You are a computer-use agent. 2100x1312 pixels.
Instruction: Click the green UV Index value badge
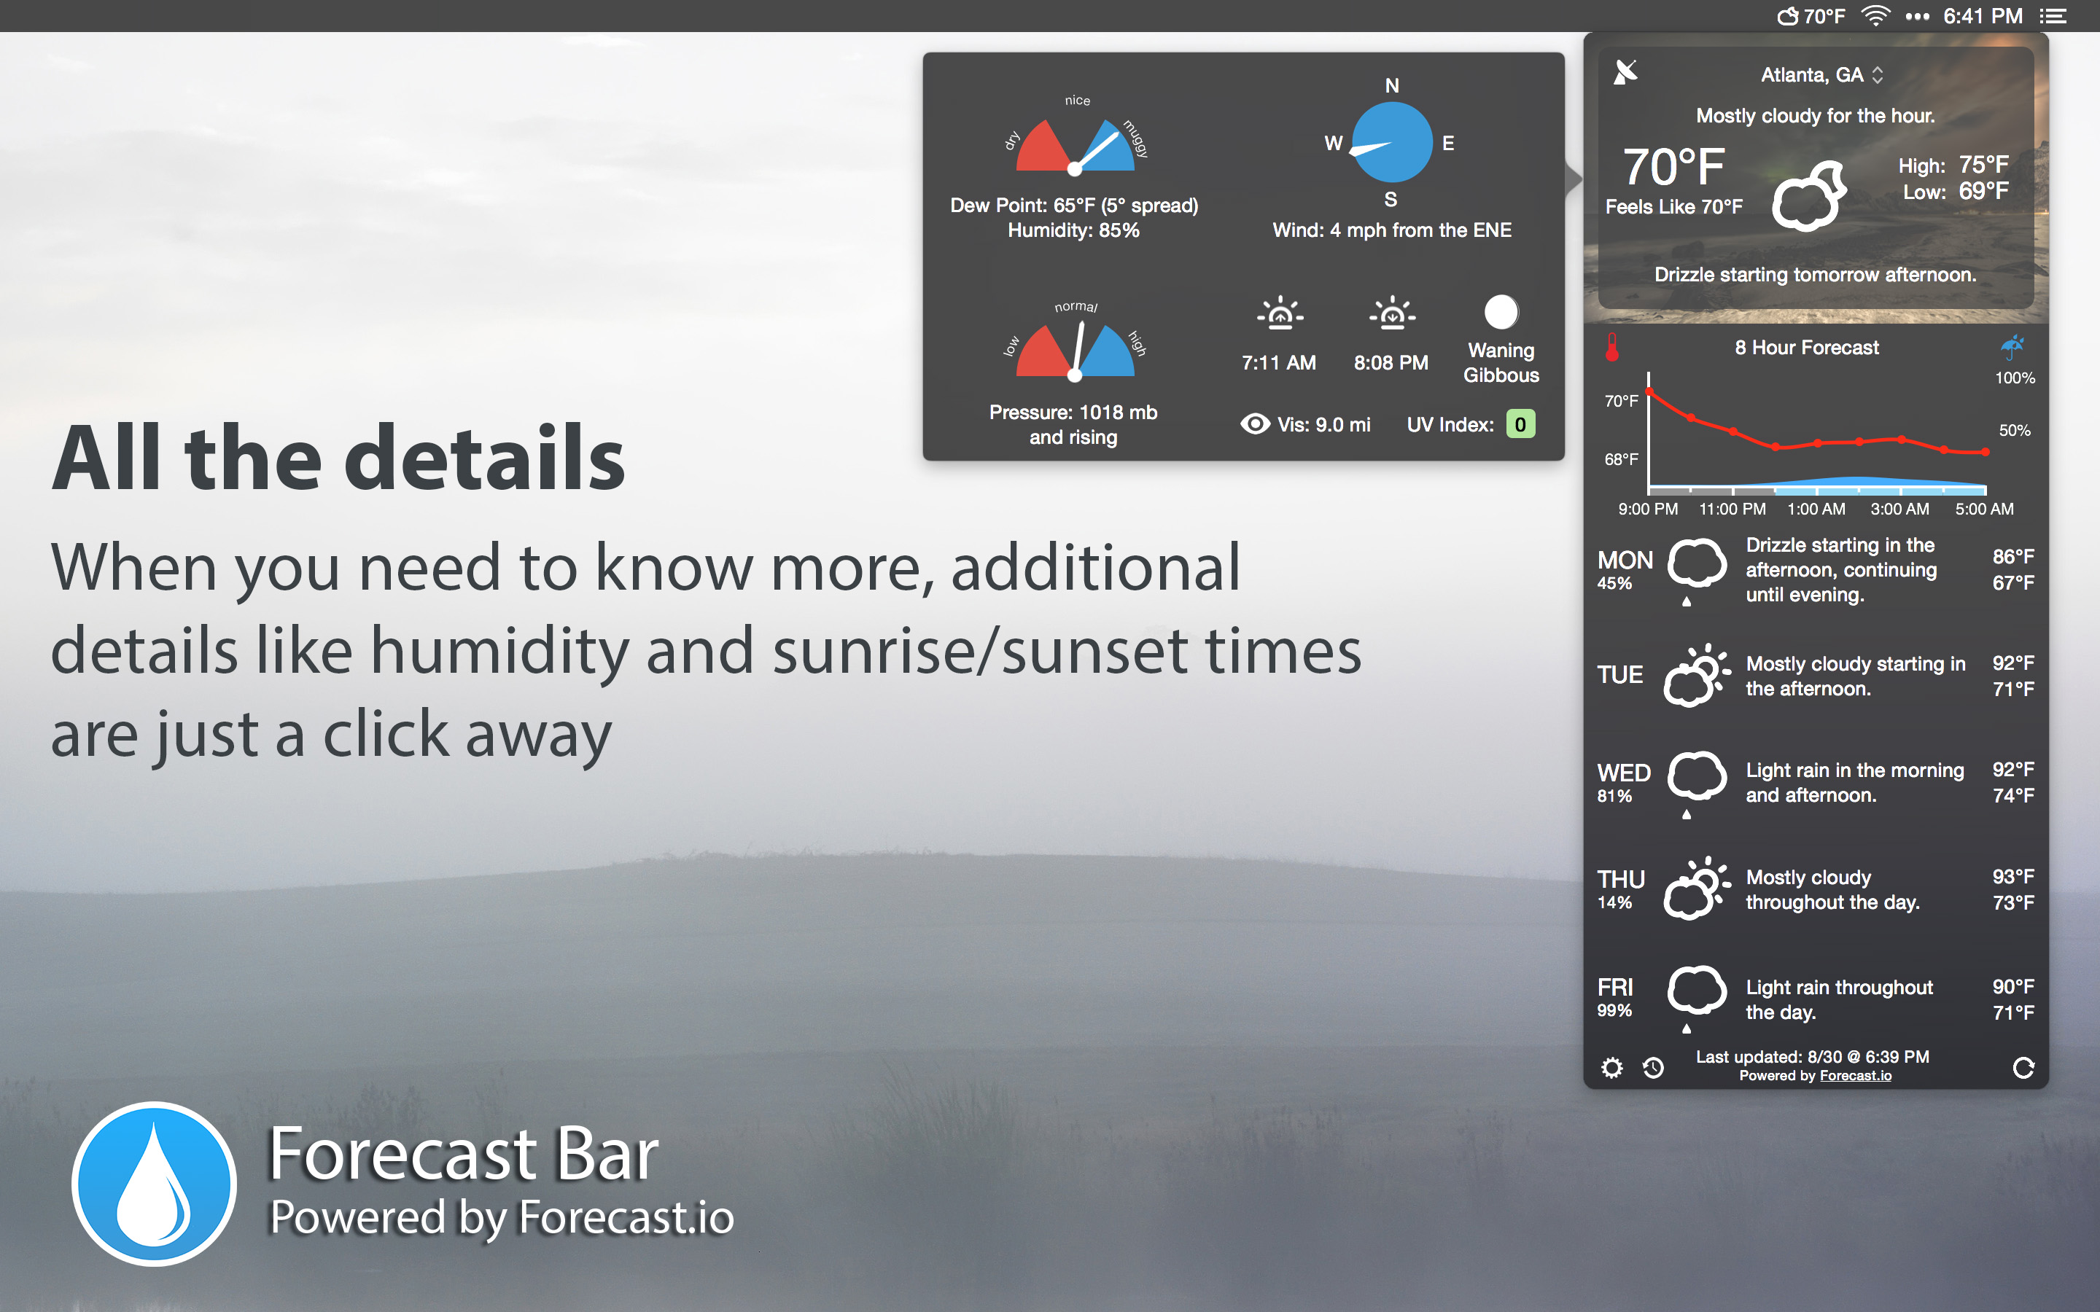[1520, 424]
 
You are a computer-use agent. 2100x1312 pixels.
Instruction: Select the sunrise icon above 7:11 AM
[1280, 313]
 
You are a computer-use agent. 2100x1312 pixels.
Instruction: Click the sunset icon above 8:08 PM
[1392, 313]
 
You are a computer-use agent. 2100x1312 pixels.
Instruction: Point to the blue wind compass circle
[1392, 142]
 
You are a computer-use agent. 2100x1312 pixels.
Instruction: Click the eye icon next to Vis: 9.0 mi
[1255, 423]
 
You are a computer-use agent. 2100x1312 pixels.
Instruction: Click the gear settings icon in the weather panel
[1611, 1067]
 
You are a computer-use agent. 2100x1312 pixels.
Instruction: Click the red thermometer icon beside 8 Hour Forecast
[1612, 347]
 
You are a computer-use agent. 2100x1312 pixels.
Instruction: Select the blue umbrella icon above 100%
[2012, 346]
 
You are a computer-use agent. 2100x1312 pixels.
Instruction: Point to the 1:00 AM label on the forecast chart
[1816, 509]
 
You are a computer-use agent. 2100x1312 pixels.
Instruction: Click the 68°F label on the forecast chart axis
[1621, 459]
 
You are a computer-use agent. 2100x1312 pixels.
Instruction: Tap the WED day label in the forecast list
[1624, 773]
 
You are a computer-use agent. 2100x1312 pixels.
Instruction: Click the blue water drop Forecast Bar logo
[155, 1184]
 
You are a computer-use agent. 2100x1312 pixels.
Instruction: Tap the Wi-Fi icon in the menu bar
[1875, 15]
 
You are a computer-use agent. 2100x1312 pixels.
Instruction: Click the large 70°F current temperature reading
[1673, 167]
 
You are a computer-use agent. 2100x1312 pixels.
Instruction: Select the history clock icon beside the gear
[1653, 1067]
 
